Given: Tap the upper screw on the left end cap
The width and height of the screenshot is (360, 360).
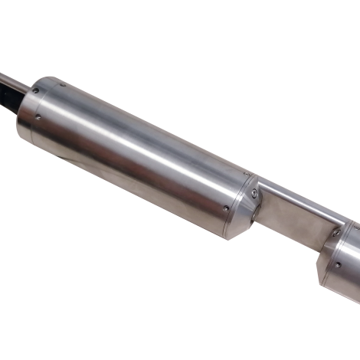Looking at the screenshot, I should (34, 90).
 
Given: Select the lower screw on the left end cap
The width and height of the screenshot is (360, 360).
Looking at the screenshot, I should (38, 119).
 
